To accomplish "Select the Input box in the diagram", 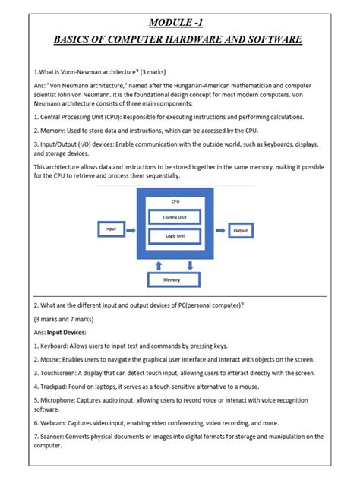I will pyautogui.click(x=112, y=229).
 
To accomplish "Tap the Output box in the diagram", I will pyautogui.click(x=241, y=229).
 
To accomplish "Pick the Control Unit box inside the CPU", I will pyautogui.click(x=175, y=217).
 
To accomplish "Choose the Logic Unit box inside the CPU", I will pyautogui.click(x=175, y=236).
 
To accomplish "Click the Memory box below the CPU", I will pyautogui.click(x=175, y=280).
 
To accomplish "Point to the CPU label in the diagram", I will pyautogui.click(x=175, y=201).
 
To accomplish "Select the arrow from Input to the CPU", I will pyautogui.click(x=131, y=229).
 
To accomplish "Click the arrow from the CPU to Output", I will pyautogui.click(x=219, y=229).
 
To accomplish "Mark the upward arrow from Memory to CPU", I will pyautogui.click(x=158, y=264).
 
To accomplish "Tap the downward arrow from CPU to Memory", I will pyautogui.click(x=191, y=264).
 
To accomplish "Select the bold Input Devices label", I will pyautogui.click(x=68, y=332).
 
